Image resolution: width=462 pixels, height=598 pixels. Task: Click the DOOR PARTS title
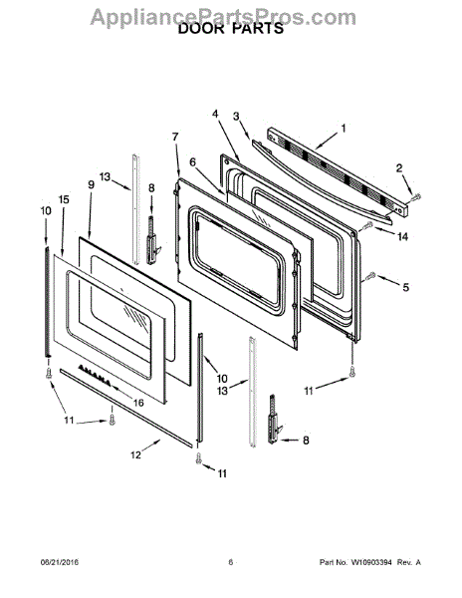tap(231, 29)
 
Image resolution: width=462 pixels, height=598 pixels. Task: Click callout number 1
tap(344, 129)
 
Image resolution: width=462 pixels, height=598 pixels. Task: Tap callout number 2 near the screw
tap(399, 167)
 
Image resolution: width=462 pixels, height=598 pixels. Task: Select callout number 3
tap(237, 116)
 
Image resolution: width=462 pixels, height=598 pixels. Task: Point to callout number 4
tap(216, 114)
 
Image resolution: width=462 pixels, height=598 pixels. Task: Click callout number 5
tap(406, 287)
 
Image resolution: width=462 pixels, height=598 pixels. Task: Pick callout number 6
tap(193, 162)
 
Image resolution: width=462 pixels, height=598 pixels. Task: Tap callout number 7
tap(175, 137)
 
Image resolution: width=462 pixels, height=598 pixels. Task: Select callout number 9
tap(91, 184)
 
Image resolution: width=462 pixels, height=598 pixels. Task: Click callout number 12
tap(135, 454)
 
